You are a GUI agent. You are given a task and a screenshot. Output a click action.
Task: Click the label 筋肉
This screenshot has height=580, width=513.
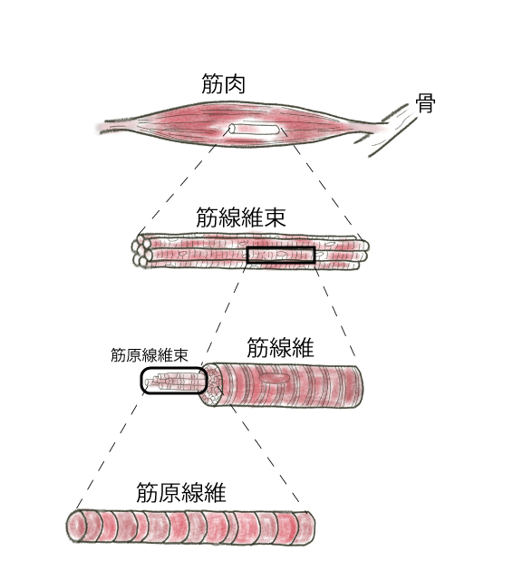pos(223,83)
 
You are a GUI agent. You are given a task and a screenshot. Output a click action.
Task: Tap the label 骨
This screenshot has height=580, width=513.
pos(425,103)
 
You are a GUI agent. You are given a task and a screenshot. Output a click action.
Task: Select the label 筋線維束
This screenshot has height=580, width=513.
pos(241,217)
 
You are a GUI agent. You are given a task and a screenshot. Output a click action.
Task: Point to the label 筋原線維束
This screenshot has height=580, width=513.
pos(150,355)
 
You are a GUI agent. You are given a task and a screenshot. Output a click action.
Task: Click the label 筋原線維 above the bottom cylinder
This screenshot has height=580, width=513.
pos(181,492)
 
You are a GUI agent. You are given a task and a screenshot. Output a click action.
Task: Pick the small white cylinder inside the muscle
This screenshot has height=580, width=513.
pos(254,130)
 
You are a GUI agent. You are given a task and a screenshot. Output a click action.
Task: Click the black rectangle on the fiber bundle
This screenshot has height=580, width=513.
pos(281,256)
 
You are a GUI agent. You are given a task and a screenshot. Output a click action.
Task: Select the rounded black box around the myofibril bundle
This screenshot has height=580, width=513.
pos(173,381)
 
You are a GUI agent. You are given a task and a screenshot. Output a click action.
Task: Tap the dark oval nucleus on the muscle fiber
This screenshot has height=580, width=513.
pos(276,378)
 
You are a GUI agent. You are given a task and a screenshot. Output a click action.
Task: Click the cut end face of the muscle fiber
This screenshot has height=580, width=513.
pos(212,384)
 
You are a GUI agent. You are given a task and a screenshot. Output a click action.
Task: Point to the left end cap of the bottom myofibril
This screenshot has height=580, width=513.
pos(75,527)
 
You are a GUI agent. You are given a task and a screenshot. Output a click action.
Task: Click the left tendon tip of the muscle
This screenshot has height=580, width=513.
pos(100,127)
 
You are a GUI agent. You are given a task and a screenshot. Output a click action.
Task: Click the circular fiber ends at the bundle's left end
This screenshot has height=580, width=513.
pos(141,250)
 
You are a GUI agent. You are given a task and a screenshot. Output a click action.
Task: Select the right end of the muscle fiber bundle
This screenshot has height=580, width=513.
pos(363,253)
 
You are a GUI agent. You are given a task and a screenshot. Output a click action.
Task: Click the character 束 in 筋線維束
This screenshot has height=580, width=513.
pos(275,217)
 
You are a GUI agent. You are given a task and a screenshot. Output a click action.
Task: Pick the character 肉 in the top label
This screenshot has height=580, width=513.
pos(235,83)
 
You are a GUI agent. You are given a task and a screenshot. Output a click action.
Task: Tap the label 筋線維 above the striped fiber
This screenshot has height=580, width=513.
pos(280,347)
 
